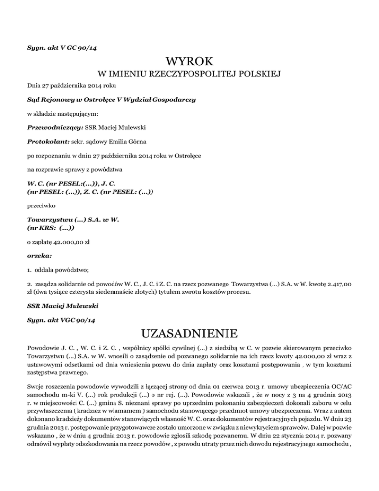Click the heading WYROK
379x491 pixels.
(x=189, y=62)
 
